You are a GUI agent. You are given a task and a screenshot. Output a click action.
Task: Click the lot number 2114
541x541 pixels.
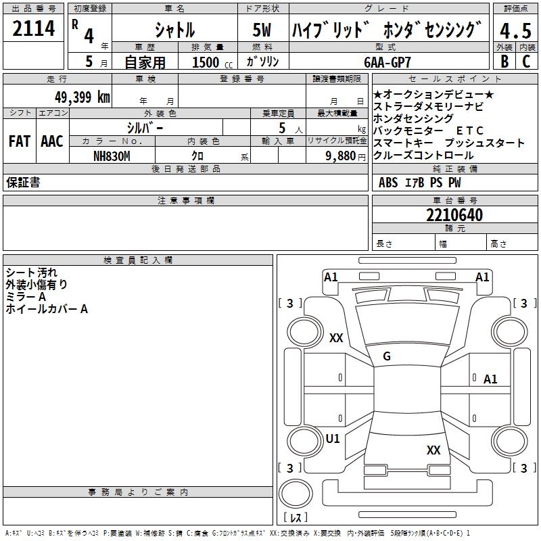33,28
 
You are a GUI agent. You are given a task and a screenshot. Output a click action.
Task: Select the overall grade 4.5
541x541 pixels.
515,30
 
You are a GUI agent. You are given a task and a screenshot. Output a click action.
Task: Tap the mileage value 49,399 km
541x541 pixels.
82,97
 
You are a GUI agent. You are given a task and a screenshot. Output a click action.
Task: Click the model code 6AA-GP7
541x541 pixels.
387,62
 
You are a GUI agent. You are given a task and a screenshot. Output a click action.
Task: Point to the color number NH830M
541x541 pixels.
112,156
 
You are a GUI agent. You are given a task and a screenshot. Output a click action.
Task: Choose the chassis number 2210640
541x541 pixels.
454,215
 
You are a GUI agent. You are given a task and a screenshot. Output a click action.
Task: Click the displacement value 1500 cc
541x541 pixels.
212,62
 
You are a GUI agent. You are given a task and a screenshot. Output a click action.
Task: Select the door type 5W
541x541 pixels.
262,30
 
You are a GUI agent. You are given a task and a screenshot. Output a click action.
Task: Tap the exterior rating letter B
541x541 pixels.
504,62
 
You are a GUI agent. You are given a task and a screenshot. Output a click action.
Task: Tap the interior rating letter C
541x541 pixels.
526,62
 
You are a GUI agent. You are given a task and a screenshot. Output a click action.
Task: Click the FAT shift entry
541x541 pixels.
20,141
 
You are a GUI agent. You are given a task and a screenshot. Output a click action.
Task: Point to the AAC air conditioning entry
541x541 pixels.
52,141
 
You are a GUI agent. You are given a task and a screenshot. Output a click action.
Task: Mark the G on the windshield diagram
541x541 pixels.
387,356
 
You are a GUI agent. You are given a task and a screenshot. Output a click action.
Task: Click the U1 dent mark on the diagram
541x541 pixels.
333,439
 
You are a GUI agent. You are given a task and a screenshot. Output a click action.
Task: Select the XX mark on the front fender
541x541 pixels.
336,337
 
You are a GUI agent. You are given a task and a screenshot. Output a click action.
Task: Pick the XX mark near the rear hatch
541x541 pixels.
433,450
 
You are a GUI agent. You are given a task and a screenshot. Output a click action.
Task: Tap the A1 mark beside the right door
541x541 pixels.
490,379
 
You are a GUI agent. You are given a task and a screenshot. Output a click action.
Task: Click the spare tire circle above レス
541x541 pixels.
296,494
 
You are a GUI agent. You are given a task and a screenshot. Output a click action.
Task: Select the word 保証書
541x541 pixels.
23,182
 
